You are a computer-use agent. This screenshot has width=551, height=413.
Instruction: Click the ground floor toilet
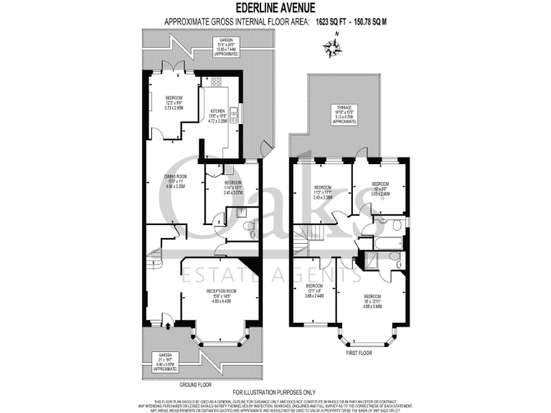[x=248, y=228]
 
